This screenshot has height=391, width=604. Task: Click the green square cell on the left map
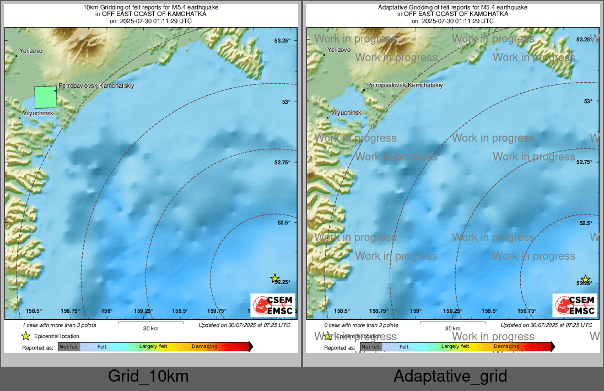point(45,97)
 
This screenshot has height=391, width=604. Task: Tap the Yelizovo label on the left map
point(30,51)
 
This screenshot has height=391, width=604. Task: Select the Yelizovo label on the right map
point(338,50)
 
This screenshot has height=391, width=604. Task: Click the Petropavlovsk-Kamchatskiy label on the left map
point(96,85)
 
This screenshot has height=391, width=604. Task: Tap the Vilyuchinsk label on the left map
point(37,113)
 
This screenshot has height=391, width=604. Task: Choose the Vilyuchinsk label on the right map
point(346,113)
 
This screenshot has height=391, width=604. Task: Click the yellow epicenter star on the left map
point(274,278)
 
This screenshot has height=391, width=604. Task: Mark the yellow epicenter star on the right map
point(585,280)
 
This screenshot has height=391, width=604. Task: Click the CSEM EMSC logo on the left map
point(273,305)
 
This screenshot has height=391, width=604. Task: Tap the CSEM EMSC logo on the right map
point(574,305)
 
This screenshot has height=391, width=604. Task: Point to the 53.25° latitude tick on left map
point(282,40)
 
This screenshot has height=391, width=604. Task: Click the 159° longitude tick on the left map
point(106,311)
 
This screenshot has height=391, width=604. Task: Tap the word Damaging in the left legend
point(204,346)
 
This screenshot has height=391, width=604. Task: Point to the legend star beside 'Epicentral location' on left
point(25,336)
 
